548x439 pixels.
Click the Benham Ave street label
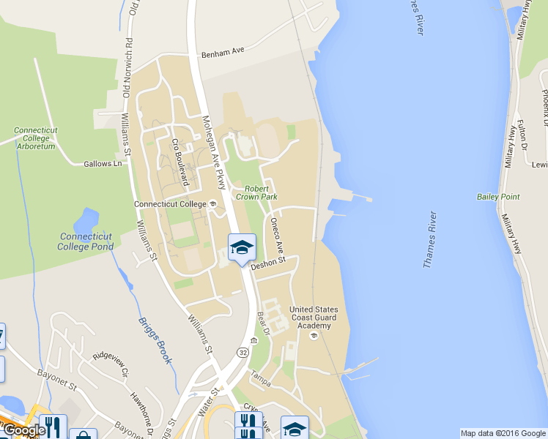click(x=223, y=51)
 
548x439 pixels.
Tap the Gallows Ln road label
click(x=103, y=164)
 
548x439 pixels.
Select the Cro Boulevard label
click(x=180, y=162)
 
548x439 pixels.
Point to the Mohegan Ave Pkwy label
click(x=213, y=152)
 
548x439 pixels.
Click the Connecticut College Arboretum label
click(x=34, y=138)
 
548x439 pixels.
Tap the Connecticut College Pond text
click(x=86, y=241)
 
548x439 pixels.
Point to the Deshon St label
click(x=267, y=265)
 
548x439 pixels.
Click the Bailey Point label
click(x=498, y=197)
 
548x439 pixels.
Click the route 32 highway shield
click(x=242, y=352)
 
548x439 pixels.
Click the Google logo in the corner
click(x=23, y=430)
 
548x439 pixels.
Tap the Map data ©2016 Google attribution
click(x=503, y=433)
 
